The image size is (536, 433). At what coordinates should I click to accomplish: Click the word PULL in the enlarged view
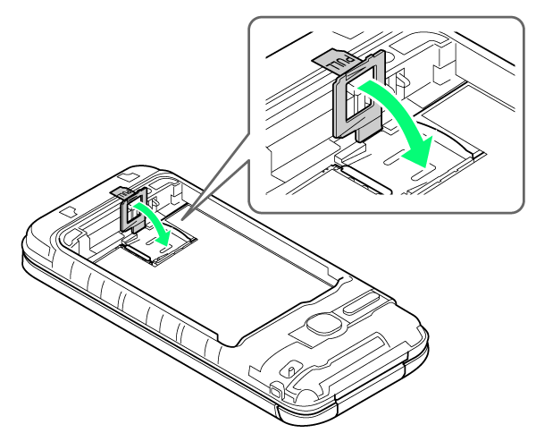point(341,64)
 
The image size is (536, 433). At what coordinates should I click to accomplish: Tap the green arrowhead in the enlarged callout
point(418,151)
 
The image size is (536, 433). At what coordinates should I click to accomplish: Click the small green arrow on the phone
point(153,223)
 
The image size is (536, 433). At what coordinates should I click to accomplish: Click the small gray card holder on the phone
point(133,209)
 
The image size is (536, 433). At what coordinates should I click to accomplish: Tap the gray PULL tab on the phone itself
point(119,192)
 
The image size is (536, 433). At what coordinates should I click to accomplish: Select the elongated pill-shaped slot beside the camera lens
point(361,304)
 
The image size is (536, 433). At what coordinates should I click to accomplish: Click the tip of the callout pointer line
point(182,219)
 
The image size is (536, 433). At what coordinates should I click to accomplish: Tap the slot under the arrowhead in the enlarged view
point(423,174)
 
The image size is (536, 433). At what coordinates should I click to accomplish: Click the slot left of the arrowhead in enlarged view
point(394,158)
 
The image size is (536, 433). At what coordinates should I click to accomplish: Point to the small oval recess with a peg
point(289,369)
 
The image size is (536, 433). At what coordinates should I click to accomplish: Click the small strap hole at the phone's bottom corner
point(275,391)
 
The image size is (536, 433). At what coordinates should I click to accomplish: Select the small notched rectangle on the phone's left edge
point(69,212)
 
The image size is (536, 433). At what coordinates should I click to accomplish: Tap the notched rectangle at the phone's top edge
point(128,177)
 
